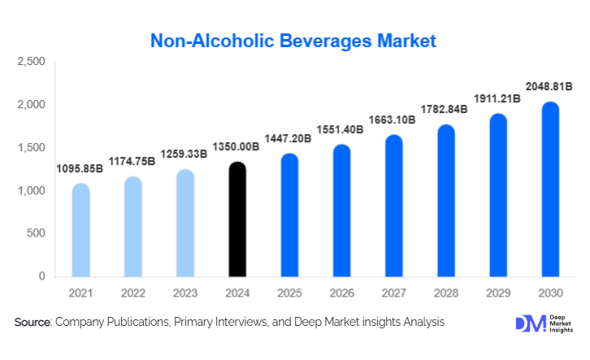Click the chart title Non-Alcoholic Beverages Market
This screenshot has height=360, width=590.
pyautogui.click(x=294, y=40)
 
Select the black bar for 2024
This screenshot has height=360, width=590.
pyautogui.click(x=236, y=219)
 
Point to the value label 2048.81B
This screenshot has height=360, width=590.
pyautogui.click(x=549, y=87)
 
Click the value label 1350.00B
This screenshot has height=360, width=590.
pyautogui.click(x=236, y=147)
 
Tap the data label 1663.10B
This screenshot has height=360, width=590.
pyautogui.click(x=393, y=121)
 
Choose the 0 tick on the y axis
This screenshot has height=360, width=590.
pyautogui.click(x=41, y=276)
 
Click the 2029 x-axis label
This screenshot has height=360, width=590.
pyautogui.click(x=497, y=293)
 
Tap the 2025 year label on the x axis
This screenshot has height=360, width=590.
pyautogui.click(x=288, y=293)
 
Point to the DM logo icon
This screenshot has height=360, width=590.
pyautogui.click(x=529, y=323)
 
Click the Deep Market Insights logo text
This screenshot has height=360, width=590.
pyautogui.click(x=561, y=323)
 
